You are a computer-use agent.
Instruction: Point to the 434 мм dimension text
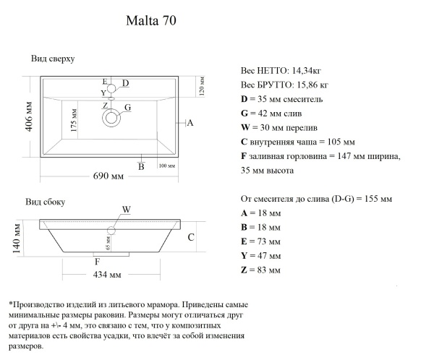(108, 275)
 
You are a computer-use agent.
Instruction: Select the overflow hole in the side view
(111, 231)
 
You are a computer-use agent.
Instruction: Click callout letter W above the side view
(126, 210)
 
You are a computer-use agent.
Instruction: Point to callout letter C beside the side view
(191, 237)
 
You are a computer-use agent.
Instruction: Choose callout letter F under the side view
(97, 261)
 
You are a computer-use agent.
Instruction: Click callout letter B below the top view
(141, 167)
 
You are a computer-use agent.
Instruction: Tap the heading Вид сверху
(54, 59)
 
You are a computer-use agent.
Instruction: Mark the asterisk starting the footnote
(10, 305)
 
